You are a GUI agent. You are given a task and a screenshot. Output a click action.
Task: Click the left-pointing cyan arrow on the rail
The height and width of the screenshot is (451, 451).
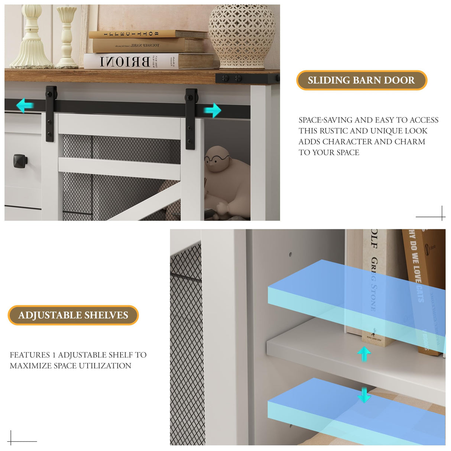pos(25,106)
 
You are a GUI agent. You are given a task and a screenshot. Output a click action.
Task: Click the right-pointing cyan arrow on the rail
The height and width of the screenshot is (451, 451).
pos(212,110)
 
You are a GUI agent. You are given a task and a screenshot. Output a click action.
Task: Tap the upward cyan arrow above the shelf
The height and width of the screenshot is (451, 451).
pos(364,354)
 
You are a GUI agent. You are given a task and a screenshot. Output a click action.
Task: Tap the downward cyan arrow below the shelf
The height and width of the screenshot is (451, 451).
pos(364,395)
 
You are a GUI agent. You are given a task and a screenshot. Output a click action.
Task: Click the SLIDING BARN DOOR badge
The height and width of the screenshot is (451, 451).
pos(361,80)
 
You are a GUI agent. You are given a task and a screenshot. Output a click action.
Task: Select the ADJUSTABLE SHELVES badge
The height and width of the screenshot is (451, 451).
pos(73,315)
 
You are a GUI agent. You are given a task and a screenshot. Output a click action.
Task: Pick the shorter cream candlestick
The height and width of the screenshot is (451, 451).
pos(67,37)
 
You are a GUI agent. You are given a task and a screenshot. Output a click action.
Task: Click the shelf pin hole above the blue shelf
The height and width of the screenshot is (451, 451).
pos(290,254)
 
